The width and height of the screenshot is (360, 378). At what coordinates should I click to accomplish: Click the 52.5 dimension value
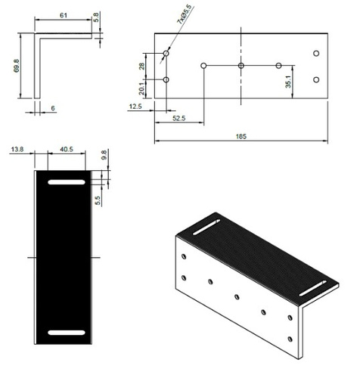180,119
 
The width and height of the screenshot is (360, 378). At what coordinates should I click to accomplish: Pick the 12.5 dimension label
137,107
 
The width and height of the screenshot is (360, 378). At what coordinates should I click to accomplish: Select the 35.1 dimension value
287,80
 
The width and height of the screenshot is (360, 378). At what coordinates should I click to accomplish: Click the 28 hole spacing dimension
141,67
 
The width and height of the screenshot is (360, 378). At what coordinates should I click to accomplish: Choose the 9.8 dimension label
104,157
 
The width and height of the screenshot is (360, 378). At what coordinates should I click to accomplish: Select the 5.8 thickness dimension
96,17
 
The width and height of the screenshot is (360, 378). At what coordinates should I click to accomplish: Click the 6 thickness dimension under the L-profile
51,108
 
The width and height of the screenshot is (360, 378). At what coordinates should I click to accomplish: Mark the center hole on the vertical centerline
241,66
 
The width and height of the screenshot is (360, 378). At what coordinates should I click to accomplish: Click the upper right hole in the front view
316,53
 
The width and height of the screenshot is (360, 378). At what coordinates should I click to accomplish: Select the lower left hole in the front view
166,79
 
